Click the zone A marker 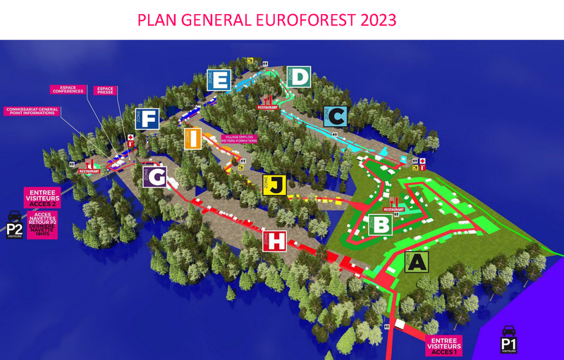(x=417, y=262)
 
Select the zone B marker (x=379, y=225)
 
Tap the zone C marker (x=335, y=116)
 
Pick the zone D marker (x=298, y=77)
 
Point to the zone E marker (x=219, y=80)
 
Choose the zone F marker (x=147, y=119)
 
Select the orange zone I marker (x=194, y=139)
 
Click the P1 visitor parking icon (x=509, y=340)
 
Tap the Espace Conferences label (x=68, y=89)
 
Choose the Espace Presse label (x=106, y=90)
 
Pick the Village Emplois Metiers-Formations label (x=238, y=139)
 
